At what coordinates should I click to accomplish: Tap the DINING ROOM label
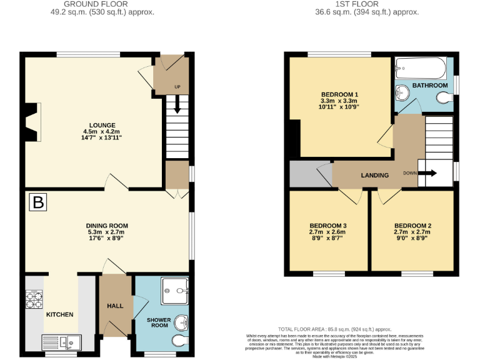pyautogui.click(x=107, y=226)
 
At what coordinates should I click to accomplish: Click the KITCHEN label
pyautogui.click(x=60, y=314)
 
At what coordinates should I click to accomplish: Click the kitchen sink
pyautogui.click(x=61, y=342)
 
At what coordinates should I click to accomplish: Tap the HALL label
pyautogui.click(x=115, y=306)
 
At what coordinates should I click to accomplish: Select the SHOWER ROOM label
pyautogui.click(x=158, y=322)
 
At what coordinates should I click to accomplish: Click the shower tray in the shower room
pyautogui.click(x=175, y=289)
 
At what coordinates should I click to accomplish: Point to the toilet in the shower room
pyautogui.click(x=179, y=341)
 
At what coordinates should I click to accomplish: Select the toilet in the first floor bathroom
pyautogui.click(x=444, y=98)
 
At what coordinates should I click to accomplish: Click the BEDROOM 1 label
pyautogui.click(x=339, y=94)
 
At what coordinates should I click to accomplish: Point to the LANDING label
pyautogui.click(x=375, y=176)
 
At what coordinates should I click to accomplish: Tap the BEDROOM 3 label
pyautogui.click(x=328, y=226)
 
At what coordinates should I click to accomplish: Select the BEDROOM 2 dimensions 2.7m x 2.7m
pyautogui.click(x=412, y=232)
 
